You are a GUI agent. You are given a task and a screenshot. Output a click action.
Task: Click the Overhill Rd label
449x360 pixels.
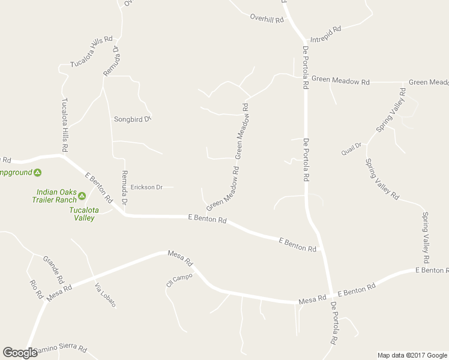pyautogui.click(x=267, y=19)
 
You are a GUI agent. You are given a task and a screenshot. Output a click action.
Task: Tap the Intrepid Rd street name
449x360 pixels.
pyautogui.click(x=325, y=34)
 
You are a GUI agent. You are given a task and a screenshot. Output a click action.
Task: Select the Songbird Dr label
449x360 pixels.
pyautogui.click(x=131, y=119)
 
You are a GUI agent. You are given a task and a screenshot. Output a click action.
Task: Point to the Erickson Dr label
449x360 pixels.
pyautogui.click(x=146, y=187)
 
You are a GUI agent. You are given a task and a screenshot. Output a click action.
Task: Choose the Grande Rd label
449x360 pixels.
pyautogui.click(x=53, y=269)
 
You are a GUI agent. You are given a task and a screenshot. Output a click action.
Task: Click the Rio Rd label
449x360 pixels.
pyautogui.click(x=36, y=290)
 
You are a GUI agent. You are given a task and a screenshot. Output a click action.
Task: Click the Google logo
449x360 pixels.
pyautogui.click(x=20, y=353)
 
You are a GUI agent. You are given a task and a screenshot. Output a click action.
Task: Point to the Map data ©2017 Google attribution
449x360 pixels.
pyautogui.click(x=412, y=355)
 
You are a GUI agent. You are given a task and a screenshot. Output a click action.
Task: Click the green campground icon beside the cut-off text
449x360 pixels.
pyautogui.click(x=37, y=173)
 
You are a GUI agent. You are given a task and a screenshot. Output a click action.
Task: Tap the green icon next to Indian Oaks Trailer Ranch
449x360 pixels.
pyautogui.click(x=82, y=196)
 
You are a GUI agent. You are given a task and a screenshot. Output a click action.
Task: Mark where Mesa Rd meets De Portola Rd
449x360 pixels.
pyautogui.click(x=330, y=293)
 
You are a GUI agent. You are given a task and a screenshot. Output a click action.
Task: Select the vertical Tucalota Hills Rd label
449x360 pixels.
pyautogui.click(x=64, y=124)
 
